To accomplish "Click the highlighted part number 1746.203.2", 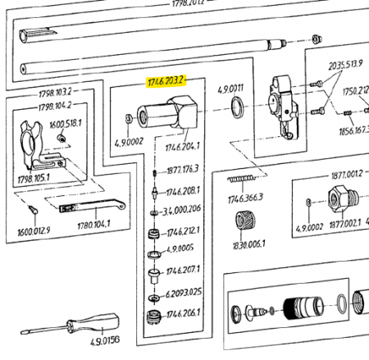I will (x=166, y=80).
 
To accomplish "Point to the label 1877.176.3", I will (x=184, y=171).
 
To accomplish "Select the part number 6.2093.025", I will (x=184, y=293).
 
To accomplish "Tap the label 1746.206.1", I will (x=184, y=313).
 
